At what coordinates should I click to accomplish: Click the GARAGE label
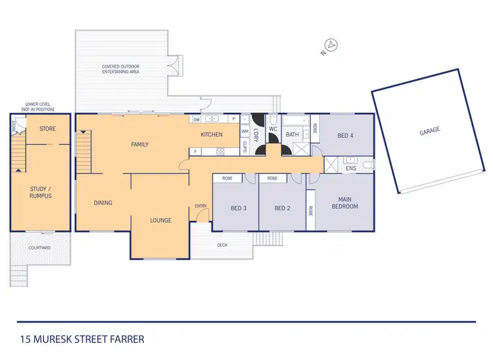(x=429, y=130)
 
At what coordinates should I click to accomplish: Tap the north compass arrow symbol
(x=333, y=45)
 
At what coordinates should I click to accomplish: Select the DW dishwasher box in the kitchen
(x=197, y=120)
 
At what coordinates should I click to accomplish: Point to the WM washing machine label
(x=245, y=131)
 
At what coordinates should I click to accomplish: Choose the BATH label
(x=293, y=135)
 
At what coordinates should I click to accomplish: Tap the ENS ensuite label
(x=350, y=168)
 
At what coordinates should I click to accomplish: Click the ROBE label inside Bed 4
(x=315, y=129)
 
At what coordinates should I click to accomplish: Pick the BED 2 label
(x=282, y=208)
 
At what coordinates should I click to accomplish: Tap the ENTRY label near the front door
(x=200, y=206)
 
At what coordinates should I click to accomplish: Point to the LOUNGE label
(x=160, y=220)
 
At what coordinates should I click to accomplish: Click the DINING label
(x=103, y=202)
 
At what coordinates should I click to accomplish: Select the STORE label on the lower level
(x=46, y=129)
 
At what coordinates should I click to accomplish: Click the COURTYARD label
(x=39, y=248)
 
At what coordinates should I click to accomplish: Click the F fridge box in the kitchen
(x=195, y=152)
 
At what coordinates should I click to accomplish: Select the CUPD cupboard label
(x=245, y=147)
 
